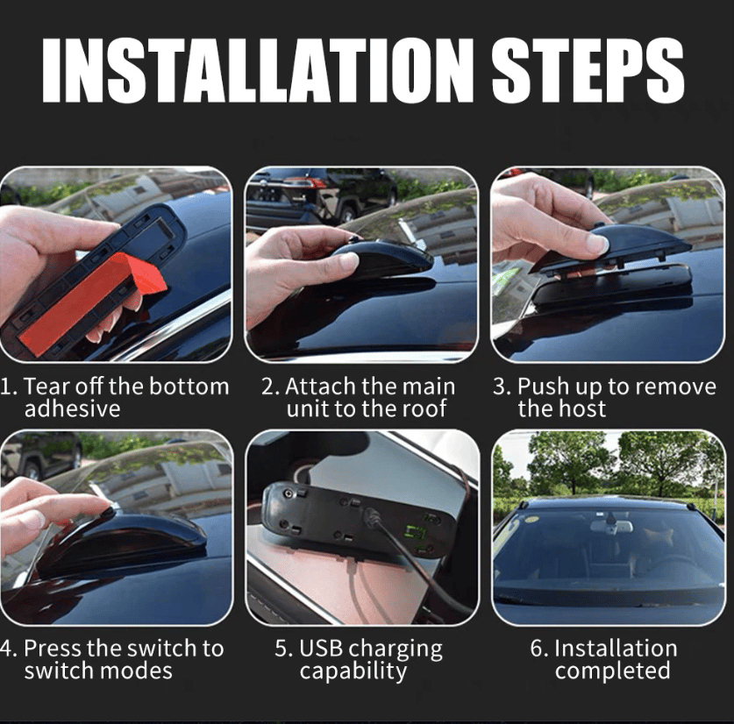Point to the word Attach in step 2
tap(320, 387)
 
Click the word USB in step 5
tap(321, 649)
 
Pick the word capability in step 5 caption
tap(353, 671)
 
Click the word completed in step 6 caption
tap(612, 671)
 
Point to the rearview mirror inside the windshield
tap(610, 526)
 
